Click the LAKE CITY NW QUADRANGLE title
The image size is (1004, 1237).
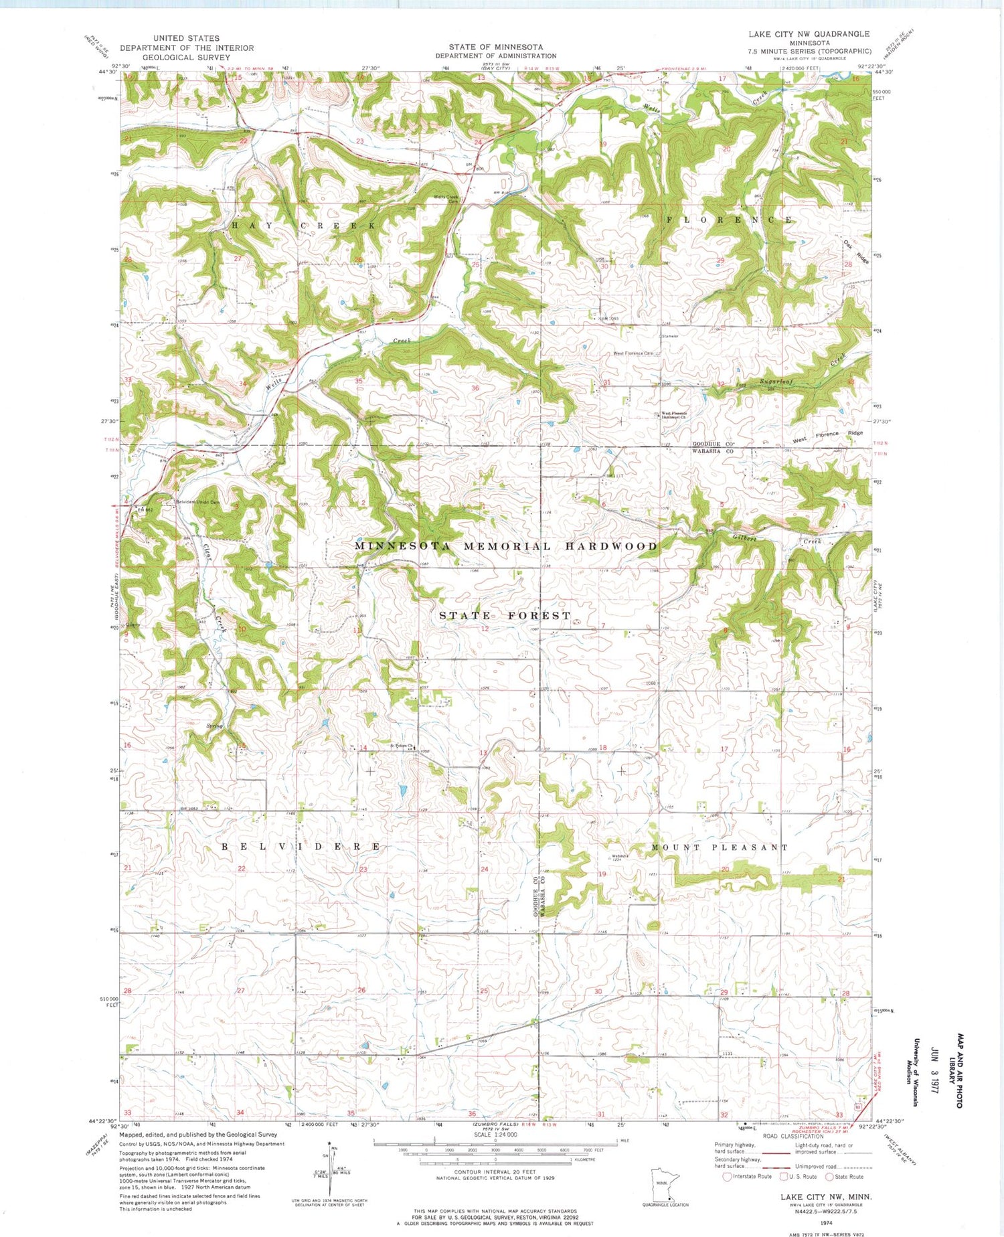[809, 33]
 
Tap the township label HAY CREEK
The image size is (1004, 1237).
[304, 226]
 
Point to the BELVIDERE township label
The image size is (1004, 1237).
[302, 846]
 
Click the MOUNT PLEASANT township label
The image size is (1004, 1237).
[720, 847]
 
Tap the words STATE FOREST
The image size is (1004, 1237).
[505, 615]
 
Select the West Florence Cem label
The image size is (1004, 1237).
[633, 353]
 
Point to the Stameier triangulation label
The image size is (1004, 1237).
[669, 335]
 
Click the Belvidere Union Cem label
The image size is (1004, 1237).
[197, 502]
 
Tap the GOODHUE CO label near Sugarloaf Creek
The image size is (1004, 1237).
[713, 444]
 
